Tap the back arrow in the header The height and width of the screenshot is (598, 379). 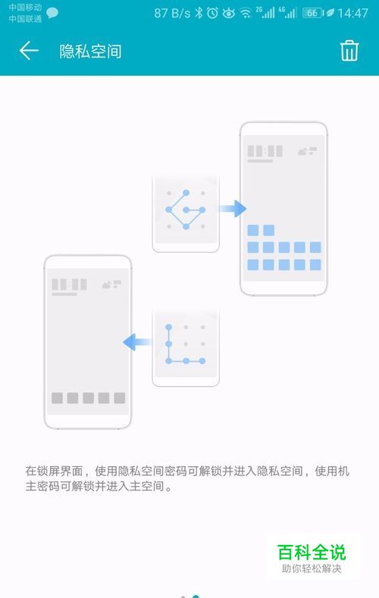point(29,51)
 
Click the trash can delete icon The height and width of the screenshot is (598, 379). point(349,51)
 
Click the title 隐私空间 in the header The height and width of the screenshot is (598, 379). point(90,51)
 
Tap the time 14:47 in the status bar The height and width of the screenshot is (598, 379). point(352,14)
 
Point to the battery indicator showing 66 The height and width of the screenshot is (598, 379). point(313,14)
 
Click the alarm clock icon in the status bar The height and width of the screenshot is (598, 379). point(213,14)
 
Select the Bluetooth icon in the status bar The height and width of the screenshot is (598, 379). point(199,14)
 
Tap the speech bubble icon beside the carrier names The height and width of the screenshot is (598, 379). point(52,14)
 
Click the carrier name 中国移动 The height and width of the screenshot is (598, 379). point(25,8)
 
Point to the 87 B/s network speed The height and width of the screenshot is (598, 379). point(172,14)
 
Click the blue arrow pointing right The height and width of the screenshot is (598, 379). point(233,209)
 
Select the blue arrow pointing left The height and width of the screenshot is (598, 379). point(137,341)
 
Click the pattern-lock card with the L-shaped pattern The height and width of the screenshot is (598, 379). point(186,347)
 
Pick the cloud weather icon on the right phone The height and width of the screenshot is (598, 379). point(302,151)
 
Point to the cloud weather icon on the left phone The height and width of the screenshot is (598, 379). point(107,285)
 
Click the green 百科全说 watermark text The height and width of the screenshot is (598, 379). point(312,552)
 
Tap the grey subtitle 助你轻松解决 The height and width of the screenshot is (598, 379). point(312,568)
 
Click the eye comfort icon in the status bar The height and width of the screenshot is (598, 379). point(228,14)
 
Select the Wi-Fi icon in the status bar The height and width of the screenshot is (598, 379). point(246,14)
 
